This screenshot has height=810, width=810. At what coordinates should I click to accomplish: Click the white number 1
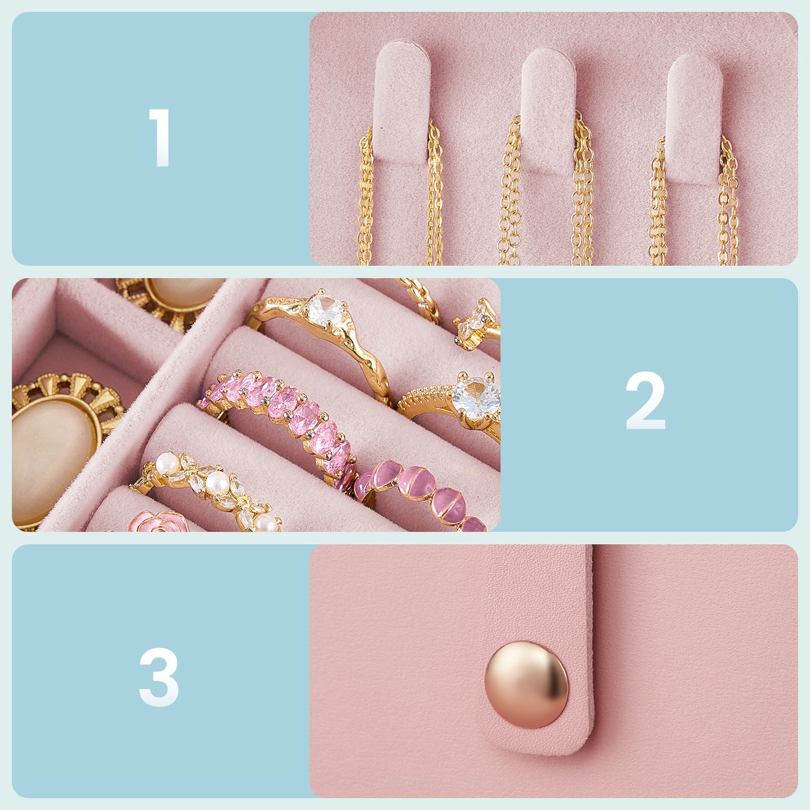pyautogui.click(x=160, y=137)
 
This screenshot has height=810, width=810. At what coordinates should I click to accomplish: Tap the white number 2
pyautogui.click(x=645, y=400)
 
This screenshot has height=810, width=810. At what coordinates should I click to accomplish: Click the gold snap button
pyautogui.click(x=526, y=684)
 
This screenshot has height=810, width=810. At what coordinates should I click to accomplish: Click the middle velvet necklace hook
pyautogui.click(x=548, y=111)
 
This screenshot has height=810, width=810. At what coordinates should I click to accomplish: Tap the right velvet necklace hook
pyautogui.click(x=693, y=119)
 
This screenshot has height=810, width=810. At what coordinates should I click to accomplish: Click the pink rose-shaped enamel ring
pyautogui.click(x=159, y=522)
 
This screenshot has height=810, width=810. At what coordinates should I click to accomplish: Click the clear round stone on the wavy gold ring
pyautogui.click(x=325, y=310)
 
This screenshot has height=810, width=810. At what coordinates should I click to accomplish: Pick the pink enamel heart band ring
pyautogui.click(x=420, y=496)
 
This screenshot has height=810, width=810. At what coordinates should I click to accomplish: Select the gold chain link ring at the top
pyautogui.click(x=420, y=298)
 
